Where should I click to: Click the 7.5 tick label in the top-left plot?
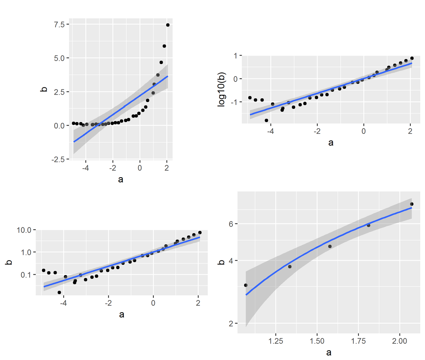click(59, 24)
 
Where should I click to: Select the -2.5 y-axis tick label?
click(58, 160)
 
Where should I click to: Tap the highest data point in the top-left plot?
click(168, 25)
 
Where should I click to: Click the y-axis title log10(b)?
click(222, 89)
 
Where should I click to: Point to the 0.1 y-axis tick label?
click(26, 275)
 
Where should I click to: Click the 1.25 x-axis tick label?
click(275, 341)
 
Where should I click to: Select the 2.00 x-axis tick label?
click(399, 341)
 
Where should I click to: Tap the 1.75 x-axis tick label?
click(358, 341)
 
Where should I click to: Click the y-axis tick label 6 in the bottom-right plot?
click(231, 224)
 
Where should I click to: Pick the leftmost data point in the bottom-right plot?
click(246, 285)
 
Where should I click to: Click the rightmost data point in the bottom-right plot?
click(411, 204)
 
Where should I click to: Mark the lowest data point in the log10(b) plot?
click(267, 120)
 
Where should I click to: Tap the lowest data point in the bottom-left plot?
click(59, 292)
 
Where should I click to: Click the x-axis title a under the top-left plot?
click(121, 179)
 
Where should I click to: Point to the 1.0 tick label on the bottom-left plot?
click(26, 252)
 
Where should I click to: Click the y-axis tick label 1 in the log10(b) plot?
click(235, 56)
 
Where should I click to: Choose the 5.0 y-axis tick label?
click(59, 58)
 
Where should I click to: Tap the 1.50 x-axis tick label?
click(317, 341)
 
